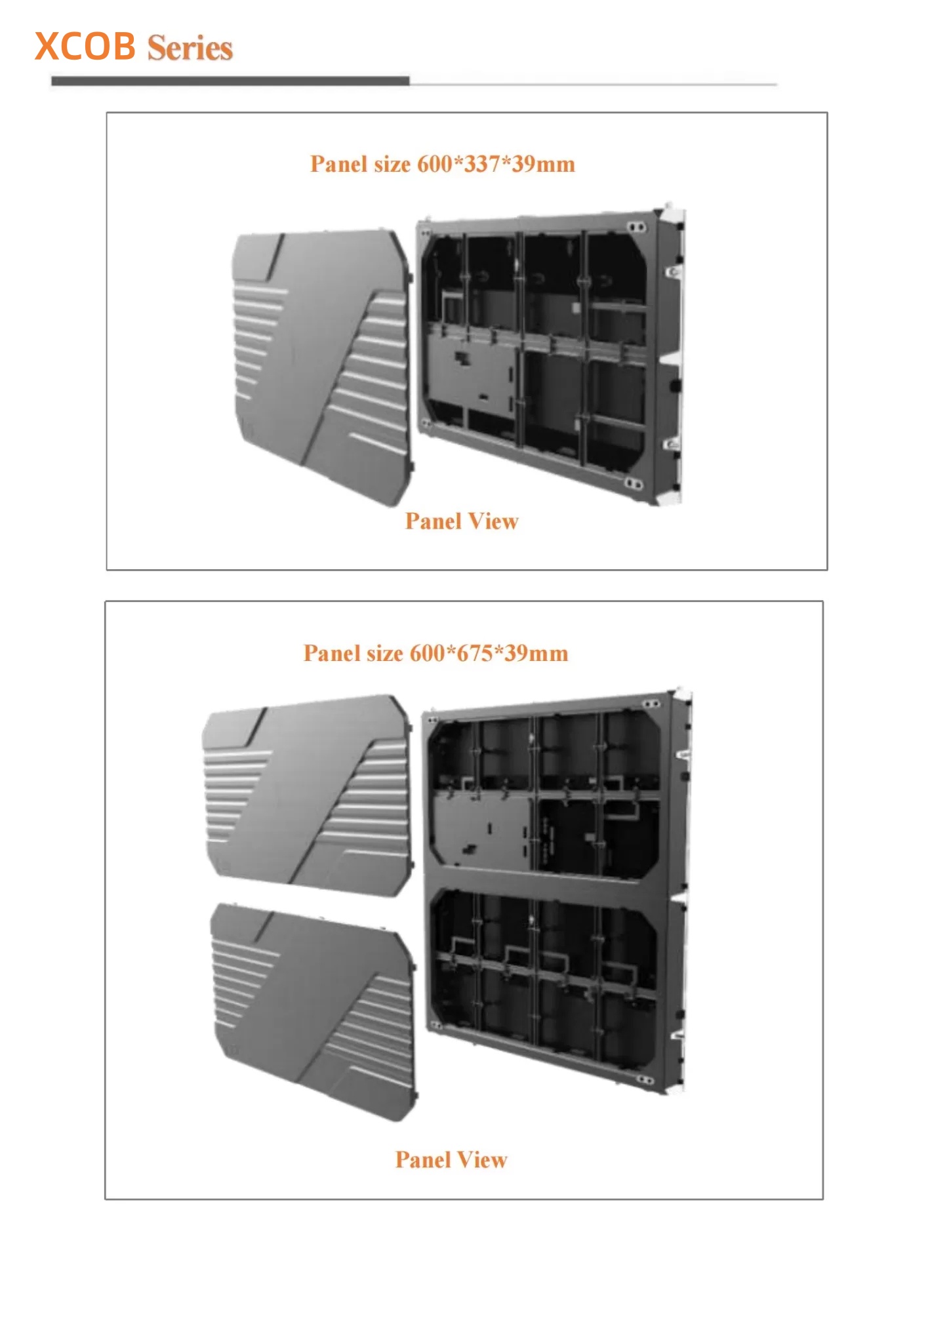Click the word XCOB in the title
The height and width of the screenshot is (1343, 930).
[85, 47]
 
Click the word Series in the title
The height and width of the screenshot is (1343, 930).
[190, 48]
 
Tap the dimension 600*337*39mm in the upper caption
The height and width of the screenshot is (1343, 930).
[496, 163]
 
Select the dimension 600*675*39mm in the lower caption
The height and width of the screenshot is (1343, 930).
[489, 652]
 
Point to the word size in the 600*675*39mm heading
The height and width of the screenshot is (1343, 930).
[385, 653]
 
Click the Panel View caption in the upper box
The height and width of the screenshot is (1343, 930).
[462, 521]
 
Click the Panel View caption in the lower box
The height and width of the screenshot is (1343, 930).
[451, 1159]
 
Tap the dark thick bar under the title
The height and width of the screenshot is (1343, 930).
[230, 81]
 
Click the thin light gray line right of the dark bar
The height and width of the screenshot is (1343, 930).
[594, 84]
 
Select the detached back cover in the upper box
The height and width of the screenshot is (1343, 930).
[322, 367]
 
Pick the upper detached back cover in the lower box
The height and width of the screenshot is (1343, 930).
[308, 795]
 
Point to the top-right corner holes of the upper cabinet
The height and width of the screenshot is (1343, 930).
[634, 227]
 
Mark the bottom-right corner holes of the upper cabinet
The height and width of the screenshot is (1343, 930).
[633, 483]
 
